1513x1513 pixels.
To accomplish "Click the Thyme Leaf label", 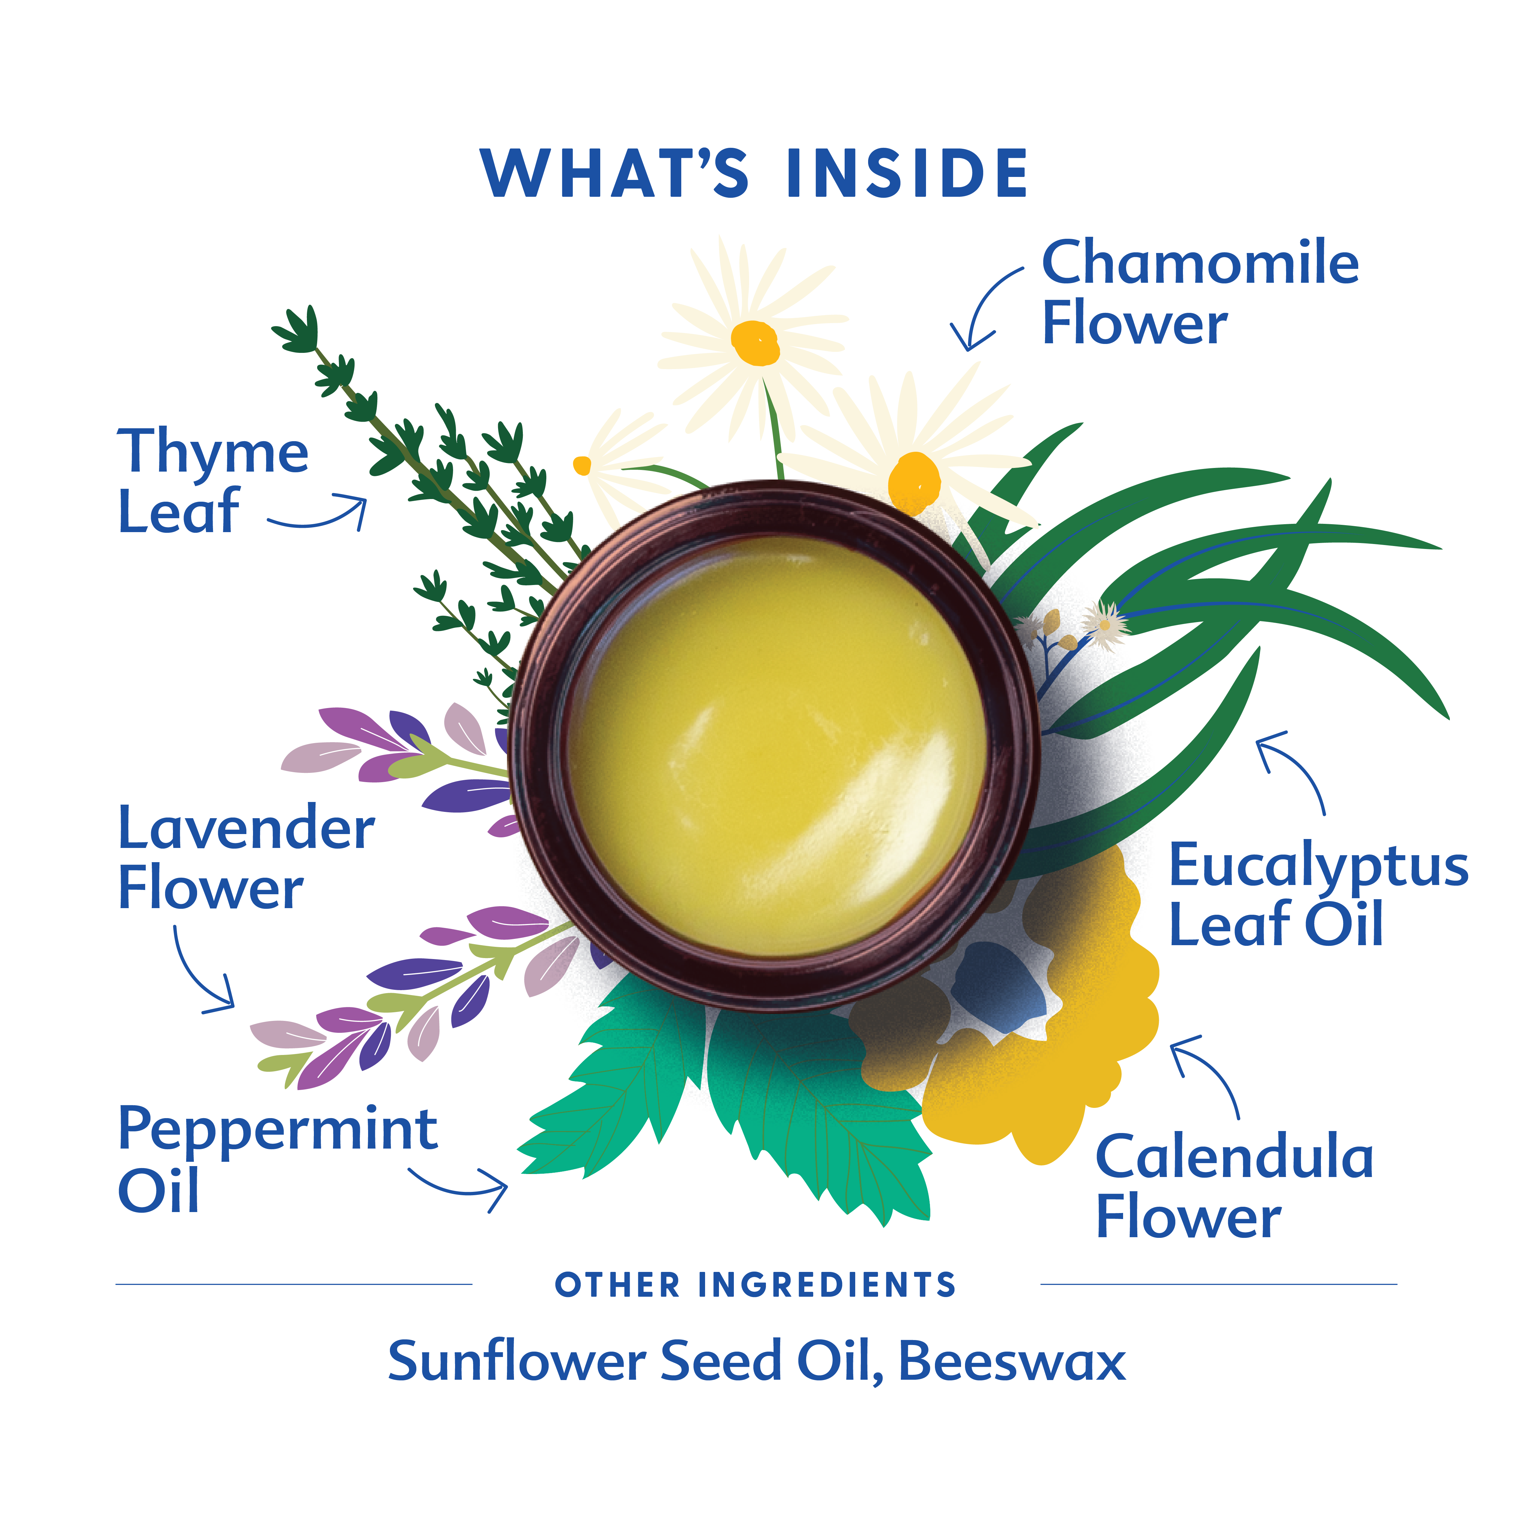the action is pos(213,481).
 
